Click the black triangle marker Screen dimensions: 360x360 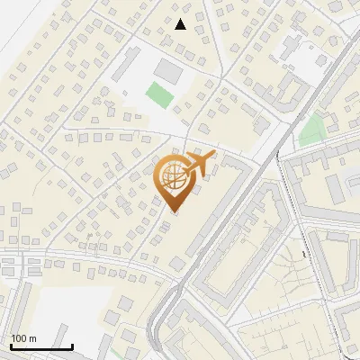pyautogui.click(x=181, y=24)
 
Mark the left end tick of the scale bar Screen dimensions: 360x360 pyautogui.click(x=11, y=346)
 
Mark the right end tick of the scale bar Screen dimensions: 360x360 pyautogui.click(x=72, y=346)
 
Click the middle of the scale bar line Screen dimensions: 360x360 pyautogui.click(x=41, y=347)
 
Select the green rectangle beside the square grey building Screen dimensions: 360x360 pyautogui.click(x=160, y=94)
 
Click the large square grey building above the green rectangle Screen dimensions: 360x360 pyautogui.click(x=167, y=68)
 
